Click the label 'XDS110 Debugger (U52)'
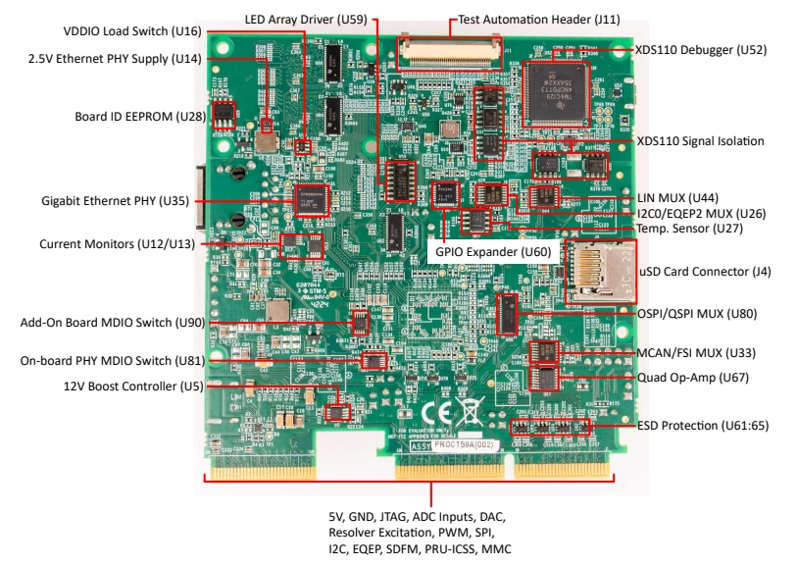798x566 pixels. pyautogui.click(x=701, y=49)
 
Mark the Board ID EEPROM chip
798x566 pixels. pyautogui.click(x=224, y=116)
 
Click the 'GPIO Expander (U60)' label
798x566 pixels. pyautogui.click(x=494, y=252)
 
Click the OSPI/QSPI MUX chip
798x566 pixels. pyautogui.click(x=506, y=314)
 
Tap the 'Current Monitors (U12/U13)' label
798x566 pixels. pyautogui.click(x=117, y=243)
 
